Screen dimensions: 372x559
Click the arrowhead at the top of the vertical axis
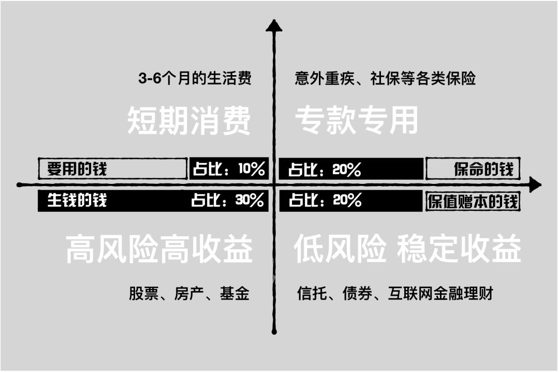click(274, 25)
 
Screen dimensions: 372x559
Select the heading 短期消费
click(189, 121)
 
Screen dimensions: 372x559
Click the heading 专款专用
click(356, 121)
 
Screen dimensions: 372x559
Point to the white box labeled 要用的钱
click(112, 169)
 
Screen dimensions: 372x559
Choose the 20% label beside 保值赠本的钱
click(325, 201)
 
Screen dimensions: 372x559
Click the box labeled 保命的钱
click(473, 169)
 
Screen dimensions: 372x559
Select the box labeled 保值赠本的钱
click(473, 201)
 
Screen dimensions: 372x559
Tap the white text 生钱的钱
click(77, 201)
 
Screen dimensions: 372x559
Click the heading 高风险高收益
click(159, 249)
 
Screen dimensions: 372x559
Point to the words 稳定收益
click(459, 249)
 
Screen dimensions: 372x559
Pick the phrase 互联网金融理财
click(440, 294)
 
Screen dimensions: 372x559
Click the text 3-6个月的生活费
click(195, 79)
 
